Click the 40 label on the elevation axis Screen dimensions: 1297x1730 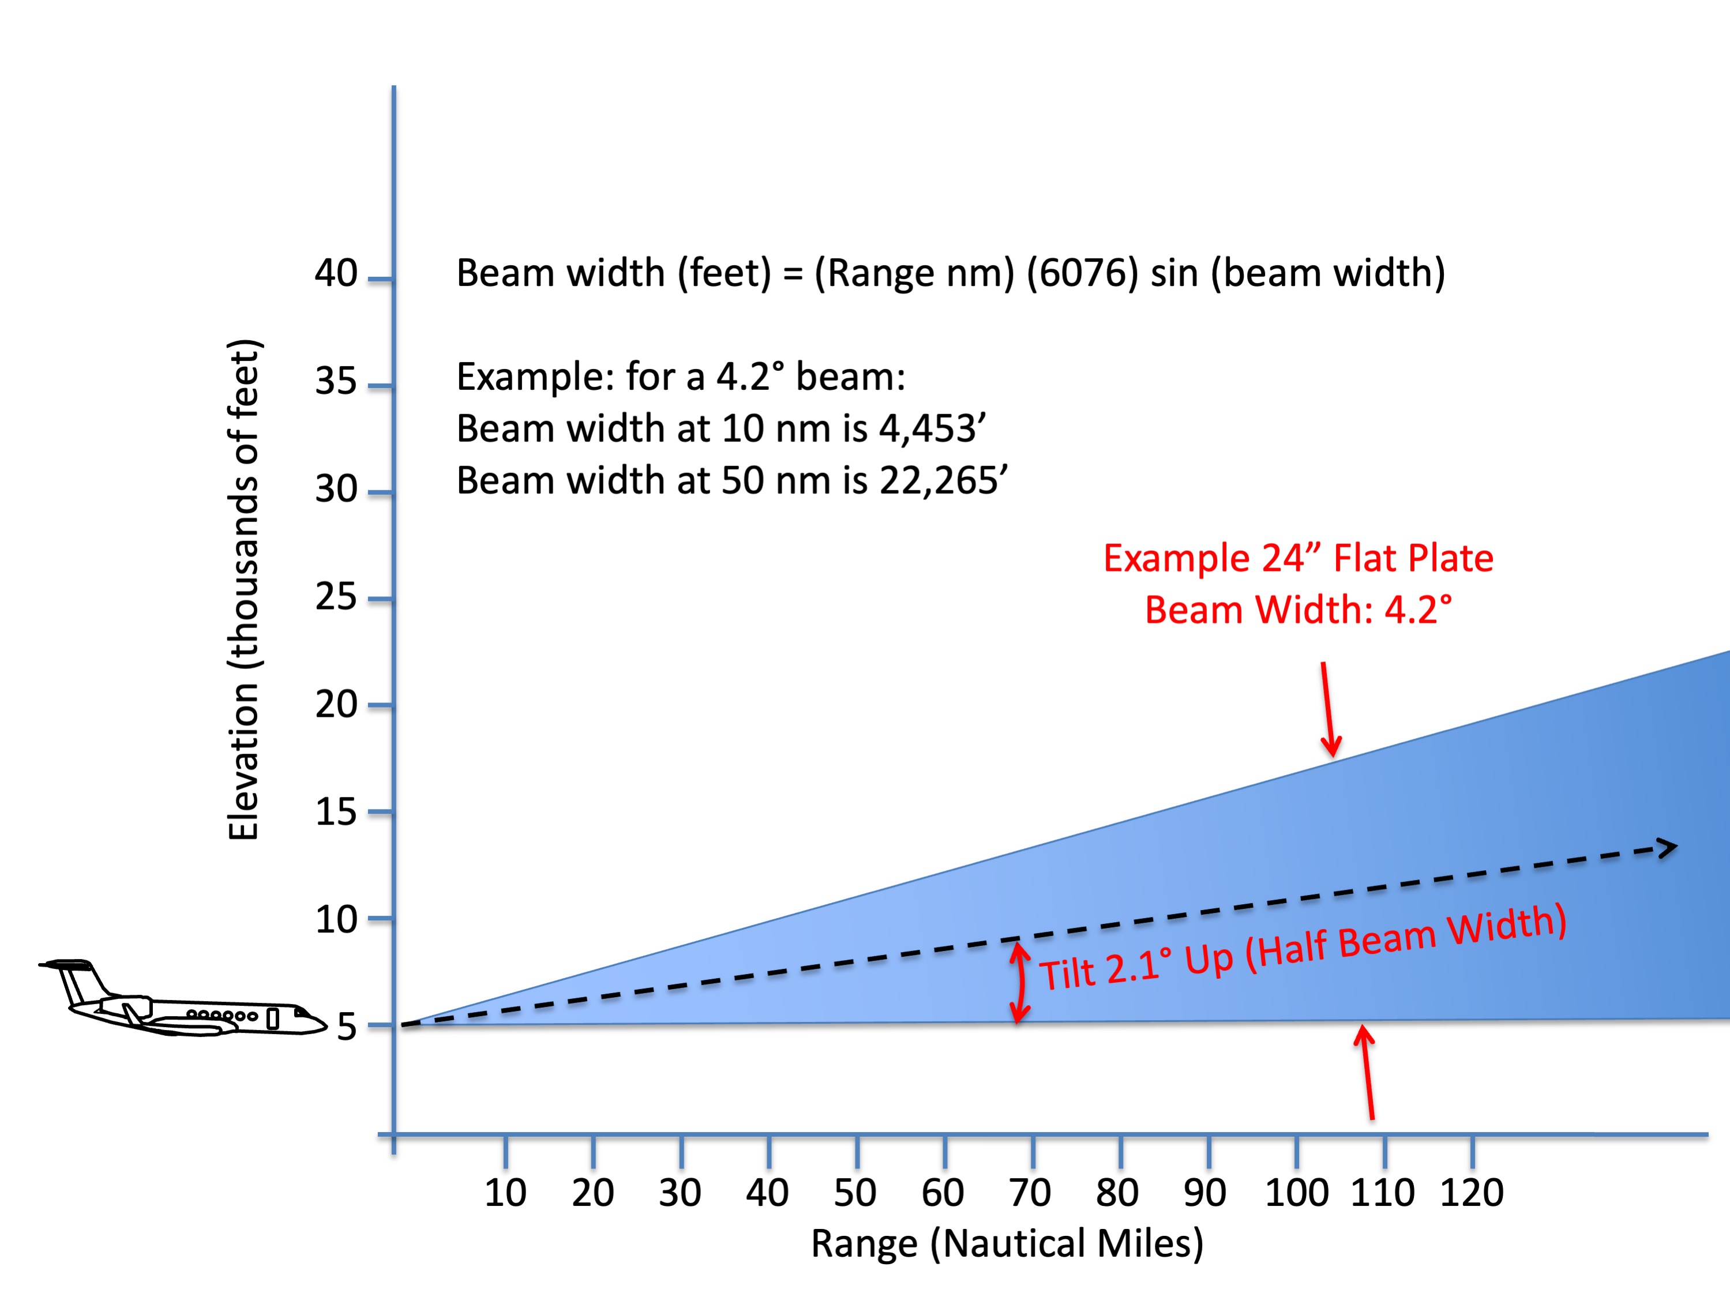(336, 273)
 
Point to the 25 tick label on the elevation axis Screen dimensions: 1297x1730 (336, 597)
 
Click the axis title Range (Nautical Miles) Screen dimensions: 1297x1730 (1007, 1243)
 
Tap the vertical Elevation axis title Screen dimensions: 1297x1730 (243, 591)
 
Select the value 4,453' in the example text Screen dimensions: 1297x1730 (932, 428)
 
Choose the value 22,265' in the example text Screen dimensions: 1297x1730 (943, 480)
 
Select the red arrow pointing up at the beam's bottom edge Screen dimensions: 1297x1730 (1367, 1071)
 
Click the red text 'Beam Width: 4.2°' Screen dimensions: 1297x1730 (1299, 610)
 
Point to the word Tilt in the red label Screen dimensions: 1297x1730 (1068, 974)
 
